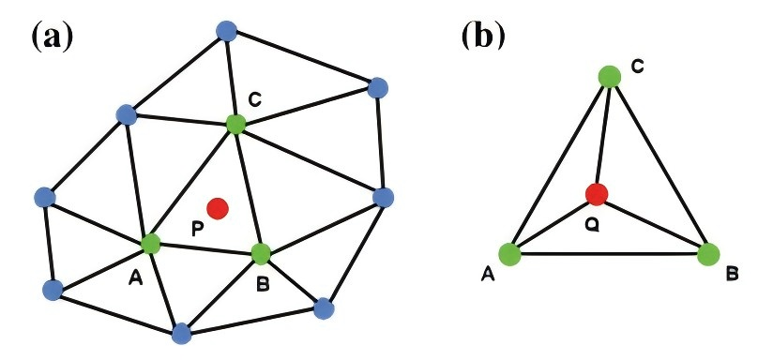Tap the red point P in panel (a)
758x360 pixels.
pos(218,207)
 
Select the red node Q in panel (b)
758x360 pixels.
pos(596,195)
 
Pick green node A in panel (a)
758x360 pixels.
pos(150,244)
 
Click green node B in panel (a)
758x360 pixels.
pos(261,252)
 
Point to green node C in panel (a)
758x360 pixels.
pos(235,123)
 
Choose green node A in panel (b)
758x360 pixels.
pos(510,253)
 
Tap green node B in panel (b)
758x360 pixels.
pos(708,253)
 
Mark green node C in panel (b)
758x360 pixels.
pos(610,75)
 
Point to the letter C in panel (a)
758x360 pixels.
pos(253,98)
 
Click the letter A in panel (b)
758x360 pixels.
pos(487,273)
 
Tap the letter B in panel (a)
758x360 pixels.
pos(262,277)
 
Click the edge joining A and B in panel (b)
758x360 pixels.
pos(610,253)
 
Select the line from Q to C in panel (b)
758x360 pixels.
pos(603,136)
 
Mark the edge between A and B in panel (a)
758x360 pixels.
pos(205,248)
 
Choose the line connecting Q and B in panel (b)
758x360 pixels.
pos(652,224)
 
